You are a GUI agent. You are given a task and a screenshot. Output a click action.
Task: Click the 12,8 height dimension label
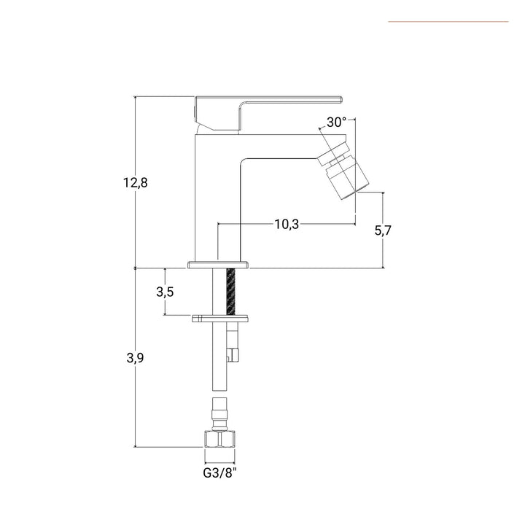(x=136, y=183)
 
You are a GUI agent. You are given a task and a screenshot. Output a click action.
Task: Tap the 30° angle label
(x=336, y=122)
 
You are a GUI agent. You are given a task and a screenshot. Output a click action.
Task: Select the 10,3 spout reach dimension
(x=287, y=224)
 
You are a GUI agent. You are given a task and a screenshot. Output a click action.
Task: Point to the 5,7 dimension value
(x=383, y=230)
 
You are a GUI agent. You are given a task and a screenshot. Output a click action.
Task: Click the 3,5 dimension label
(x=165, y=292)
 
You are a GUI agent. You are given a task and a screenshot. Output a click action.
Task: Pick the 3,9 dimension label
(x=135, y=358)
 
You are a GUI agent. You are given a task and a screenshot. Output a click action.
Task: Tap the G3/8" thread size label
(x=219, y=472)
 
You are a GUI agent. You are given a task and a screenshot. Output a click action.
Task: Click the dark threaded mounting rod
(x=231, y=291)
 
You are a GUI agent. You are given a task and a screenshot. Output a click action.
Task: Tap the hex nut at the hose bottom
(x=219, y=439)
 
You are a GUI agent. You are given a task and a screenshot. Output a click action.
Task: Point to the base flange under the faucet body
(x=218, y=265)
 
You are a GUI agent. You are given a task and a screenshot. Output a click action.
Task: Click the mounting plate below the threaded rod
(x=220, y=319)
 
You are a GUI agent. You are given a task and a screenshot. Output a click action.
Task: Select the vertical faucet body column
(x=217, y=198)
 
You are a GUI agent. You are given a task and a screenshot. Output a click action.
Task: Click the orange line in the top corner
(x=448, y=22)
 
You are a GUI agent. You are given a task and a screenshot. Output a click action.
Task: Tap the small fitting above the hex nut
(x=219, y=414)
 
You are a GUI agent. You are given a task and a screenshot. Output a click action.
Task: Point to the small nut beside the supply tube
(x=233, y=355)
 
